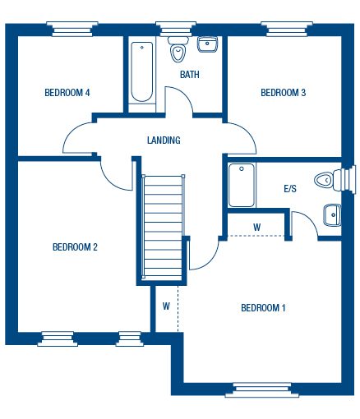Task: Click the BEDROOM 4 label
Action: [x=67, y=93]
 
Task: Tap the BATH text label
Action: [x=190, y=75]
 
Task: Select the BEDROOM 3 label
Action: [x=283, y=93]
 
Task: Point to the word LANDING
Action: [x=164, y=140]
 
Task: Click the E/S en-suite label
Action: [x=289, y=189]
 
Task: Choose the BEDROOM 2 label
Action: [x=75, y=246]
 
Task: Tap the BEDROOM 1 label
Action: [x=263, y=308]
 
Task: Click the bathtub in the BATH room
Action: [x=142, y=71]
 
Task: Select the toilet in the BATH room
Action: [x=178, y=52]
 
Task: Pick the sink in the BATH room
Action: [x=207, y=45]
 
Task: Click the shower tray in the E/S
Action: [x=241, y=186]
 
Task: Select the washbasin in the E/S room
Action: [x=332, y=214]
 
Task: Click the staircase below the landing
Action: [x=161, y=228]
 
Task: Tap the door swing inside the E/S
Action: [x=305, y=223]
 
